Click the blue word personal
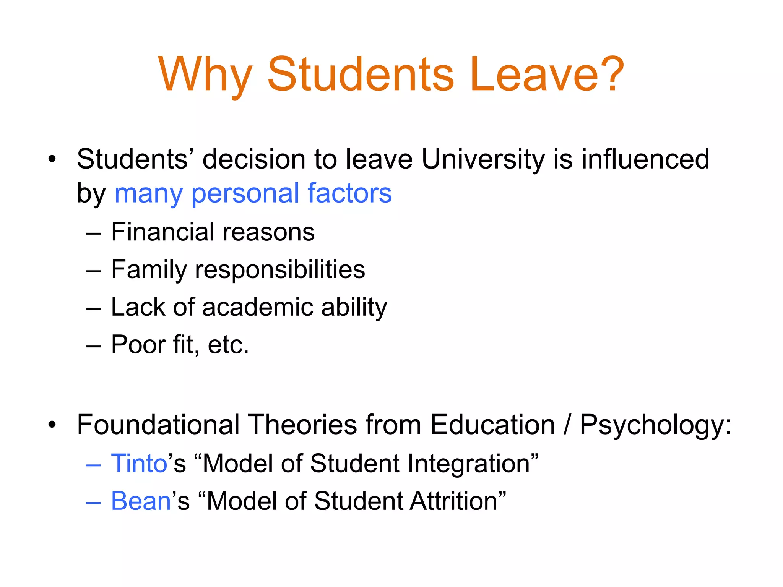pos(245,194)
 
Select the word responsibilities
pos(280,270)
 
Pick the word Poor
pos(138,345)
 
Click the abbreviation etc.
pos(228,345)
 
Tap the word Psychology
pos(655,425)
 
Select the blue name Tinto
pos(139,464)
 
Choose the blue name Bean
pos(141,501)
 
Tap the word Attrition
pos(454,501)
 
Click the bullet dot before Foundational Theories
pos(52,425)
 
